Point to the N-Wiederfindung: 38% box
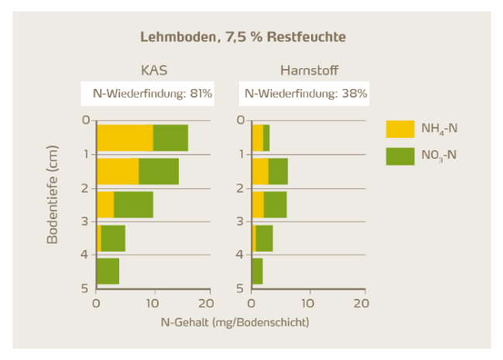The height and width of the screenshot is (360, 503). [305, 94]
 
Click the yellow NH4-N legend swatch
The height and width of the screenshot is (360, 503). [401, 127]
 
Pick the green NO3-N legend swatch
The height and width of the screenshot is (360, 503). [401, 155]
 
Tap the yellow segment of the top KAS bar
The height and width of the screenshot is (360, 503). [125, 137]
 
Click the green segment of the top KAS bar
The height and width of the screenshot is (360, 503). [170, 137]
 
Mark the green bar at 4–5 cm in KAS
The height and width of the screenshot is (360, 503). [108, 272]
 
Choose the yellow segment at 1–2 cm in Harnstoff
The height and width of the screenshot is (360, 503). [260, 171]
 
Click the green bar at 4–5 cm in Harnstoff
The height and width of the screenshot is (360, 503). [258, 272]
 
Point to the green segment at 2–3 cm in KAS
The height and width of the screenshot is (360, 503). [133, 204]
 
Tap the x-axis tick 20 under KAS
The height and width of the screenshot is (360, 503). [205, 303]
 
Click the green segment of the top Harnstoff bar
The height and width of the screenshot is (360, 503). [266, 137]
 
